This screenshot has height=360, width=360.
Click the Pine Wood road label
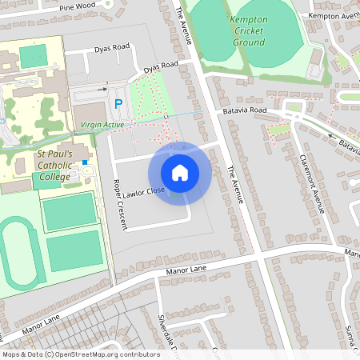pyautogui.click(x=77, y=6)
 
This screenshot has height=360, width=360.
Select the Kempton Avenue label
pyautogui.click(x=334, y=15)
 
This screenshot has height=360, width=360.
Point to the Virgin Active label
pyautogui.click(x=102, y=125)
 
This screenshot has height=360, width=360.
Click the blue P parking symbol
pyautogui.click(x=118, y=103)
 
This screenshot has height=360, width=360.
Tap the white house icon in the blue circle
pyautogui.click(x=180, y=173)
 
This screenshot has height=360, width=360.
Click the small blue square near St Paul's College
pyautogui.click(x=84, y=162)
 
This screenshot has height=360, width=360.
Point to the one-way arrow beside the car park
pyautogui.click(x=102, y=90)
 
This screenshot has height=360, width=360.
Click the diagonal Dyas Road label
pyautogui.click(x=160, y=69)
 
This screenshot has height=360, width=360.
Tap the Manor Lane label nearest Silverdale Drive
pyautogui.click(x=186, y=273)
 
